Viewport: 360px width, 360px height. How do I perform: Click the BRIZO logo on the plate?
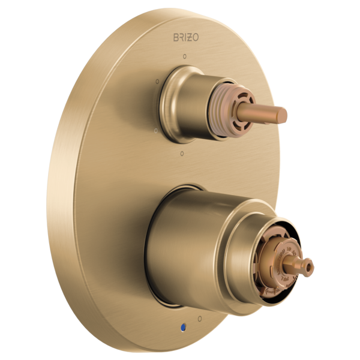click(187, 37)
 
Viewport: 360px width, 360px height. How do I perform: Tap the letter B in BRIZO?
click(176, 37)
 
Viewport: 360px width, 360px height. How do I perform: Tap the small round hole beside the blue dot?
click(199, 318)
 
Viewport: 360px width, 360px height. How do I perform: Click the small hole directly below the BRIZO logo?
click(184, 56)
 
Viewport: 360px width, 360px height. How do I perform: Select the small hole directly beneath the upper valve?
click(182, 154)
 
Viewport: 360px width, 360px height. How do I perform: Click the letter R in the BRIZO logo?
click(182, 37)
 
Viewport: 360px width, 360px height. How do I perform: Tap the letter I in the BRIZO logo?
click(187, 37)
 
